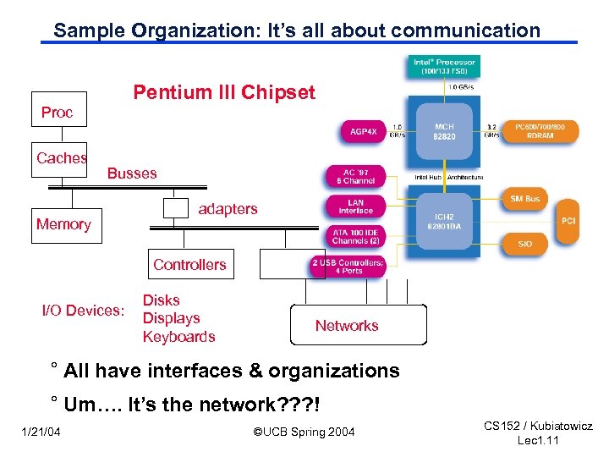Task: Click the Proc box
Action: [58, 111]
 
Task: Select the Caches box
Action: [60, 158]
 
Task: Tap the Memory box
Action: [64, 224]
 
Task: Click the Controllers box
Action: [189, 265]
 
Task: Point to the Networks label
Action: [346, 326]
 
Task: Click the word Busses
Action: [132, 173]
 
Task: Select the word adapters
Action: [228, 209]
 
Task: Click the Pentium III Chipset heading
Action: [224, 92]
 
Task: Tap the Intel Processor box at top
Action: [444, 66]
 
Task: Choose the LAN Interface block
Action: [355, 206]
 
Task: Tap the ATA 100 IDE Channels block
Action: [355, 236]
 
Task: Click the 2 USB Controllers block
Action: [348, 267]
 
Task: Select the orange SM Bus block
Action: [525, 199]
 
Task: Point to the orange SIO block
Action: [525, 244]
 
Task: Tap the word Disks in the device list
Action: [161, 300]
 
